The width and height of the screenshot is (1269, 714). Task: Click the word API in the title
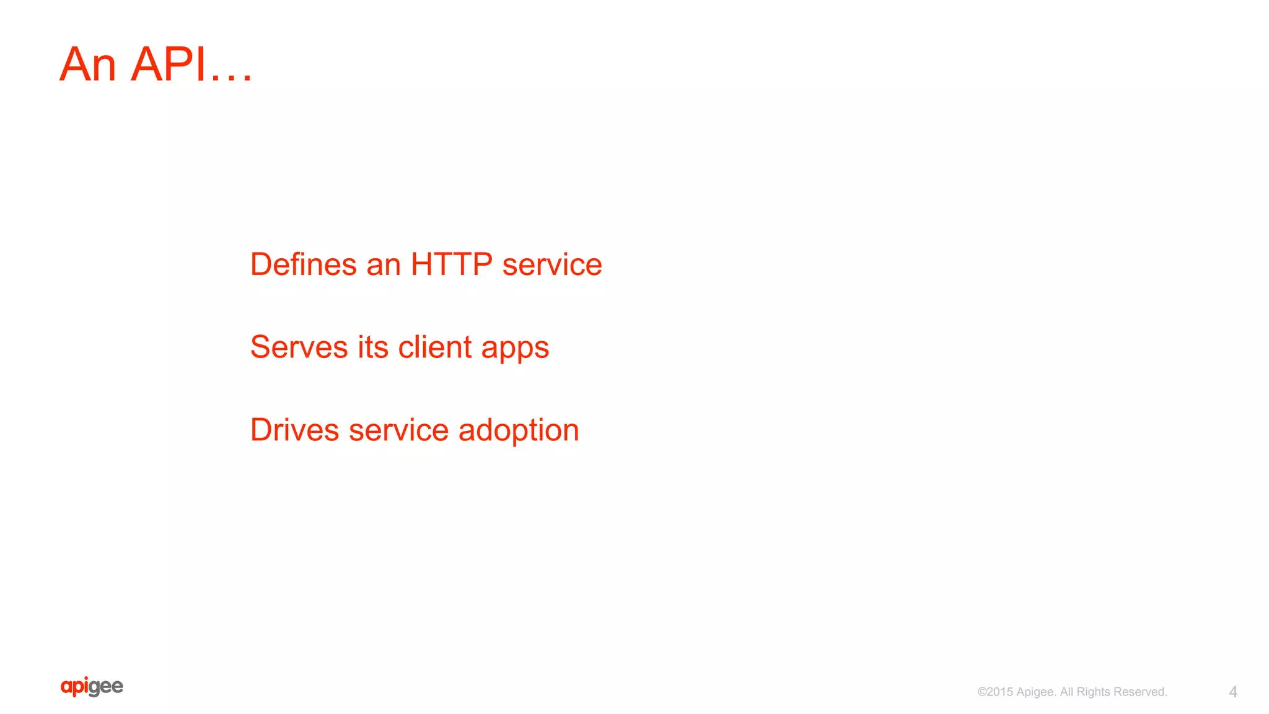coord(168,64)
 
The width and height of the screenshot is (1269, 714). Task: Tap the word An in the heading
coord(87,64)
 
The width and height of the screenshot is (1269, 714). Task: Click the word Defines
coord(303,264)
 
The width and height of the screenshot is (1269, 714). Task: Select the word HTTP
coord(451,264)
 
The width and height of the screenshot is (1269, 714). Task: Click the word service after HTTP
coord(551,266)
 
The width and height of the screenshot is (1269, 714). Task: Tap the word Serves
coord(299,347)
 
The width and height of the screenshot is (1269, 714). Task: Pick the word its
coord(372,347)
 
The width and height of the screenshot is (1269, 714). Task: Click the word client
coord(434,347)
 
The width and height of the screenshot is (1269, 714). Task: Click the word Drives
coord(294,430)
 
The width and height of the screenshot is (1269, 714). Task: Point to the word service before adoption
coord(398,431)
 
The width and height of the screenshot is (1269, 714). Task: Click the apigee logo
coord(92,687)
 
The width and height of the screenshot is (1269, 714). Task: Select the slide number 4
coord(1232,692)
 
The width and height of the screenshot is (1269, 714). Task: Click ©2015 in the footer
coord(995,692)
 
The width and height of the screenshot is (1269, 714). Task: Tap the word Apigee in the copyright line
coord(1035,692)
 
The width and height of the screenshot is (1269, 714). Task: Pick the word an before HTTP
coord(384,266)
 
